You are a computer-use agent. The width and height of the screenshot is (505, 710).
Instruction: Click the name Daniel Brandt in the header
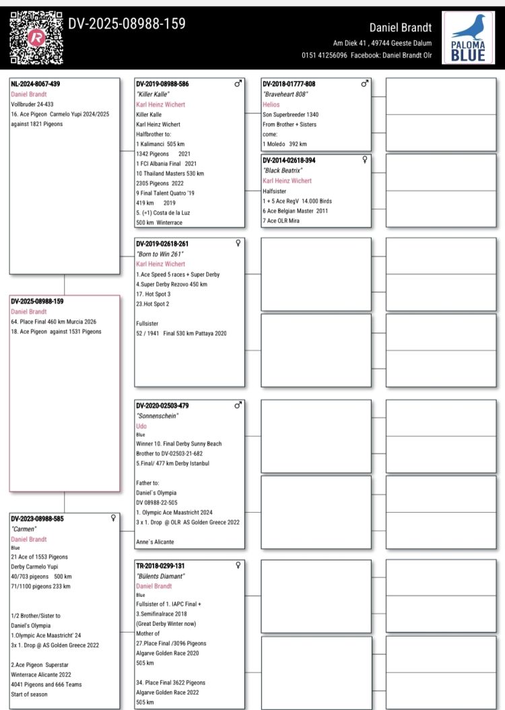pos(401,28)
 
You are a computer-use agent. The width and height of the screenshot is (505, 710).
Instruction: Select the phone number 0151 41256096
pos(325,55)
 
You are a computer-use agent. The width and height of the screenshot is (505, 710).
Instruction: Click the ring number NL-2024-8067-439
pos(40,85)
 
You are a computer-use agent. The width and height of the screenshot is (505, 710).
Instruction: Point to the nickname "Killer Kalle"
pos(152,94)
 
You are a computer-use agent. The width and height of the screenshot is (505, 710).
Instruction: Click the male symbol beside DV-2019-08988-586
pos(238,84)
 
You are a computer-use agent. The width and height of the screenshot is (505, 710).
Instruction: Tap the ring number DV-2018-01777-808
pos(289,85)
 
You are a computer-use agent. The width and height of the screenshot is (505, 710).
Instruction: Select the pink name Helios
pos(271,104)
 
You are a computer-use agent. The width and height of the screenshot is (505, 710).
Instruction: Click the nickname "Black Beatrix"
pos(282,170)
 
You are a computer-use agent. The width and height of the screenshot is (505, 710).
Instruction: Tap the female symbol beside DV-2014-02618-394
pos(365,160)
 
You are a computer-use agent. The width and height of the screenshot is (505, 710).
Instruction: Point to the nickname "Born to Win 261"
pos(160,254)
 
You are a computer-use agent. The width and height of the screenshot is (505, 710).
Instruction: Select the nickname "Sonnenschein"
pos(156,416)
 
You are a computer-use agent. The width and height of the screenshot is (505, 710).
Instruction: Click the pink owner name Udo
pos(141,426)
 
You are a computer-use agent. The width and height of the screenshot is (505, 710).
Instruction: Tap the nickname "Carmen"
pos(25,528)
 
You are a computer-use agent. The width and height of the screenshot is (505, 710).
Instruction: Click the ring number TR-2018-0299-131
pos(160,566)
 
